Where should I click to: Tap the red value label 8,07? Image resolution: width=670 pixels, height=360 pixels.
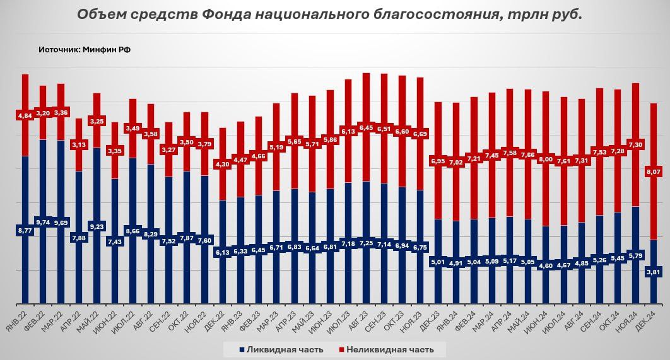click(653, 171)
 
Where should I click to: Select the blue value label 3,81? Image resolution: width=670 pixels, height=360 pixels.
click(653, 274)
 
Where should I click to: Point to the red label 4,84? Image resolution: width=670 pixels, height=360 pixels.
click(25, 116)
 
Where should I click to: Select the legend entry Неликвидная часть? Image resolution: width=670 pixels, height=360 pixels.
click(389, 349)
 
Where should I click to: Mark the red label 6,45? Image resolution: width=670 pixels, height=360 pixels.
click(366, 127)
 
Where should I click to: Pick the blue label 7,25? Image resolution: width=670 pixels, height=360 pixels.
click(366, 242)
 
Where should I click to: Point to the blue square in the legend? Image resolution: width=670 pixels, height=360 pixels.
click(242, 349)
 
